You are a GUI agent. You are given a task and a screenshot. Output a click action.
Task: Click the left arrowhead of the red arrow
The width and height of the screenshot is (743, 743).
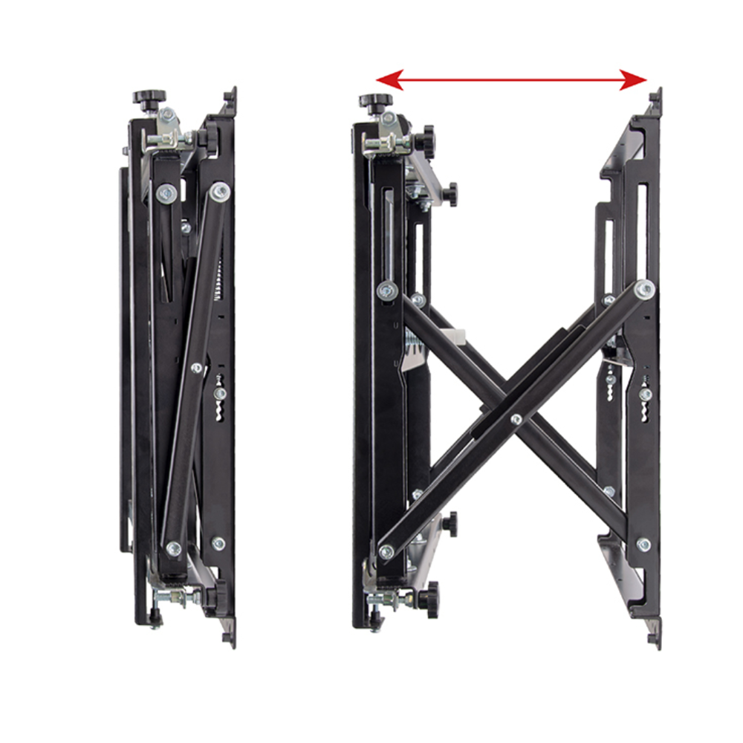(389, 80)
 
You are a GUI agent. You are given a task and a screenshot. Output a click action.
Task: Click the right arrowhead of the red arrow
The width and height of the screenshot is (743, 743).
(635, 80)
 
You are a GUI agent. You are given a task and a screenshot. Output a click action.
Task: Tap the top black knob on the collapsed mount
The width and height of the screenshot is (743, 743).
(149, 97)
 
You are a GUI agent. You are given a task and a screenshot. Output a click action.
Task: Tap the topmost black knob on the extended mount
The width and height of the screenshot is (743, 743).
(371, 101)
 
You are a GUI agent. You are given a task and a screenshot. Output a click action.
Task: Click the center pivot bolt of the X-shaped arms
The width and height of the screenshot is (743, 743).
(516, 420)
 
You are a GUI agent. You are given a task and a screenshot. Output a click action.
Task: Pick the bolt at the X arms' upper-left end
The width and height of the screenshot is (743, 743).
(386, 291)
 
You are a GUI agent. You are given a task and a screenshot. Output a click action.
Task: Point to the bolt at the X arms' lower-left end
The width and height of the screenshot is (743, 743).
(386, 552)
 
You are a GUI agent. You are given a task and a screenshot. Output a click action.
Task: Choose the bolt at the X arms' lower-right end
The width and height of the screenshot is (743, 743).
(643, 545)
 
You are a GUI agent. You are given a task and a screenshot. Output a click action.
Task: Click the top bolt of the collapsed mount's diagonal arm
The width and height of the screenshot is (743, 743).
(219, 192)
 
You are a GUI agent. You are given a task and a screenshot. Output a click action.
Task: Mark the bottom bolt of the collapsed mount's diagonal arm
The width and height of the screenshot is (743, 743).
(174, 549)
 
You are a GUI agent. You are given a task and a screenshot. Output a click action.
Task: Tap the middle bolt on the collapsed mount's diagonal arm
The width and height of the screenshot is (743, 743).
(197, 367)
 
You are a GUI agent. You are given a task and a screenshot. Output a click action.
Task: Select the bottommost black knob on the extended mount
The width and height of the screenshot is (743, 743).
(429, 594)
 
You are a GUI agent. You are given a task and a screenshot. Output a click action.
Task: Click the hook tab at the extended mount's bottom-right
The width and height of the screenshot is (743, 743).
(653, 637)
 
